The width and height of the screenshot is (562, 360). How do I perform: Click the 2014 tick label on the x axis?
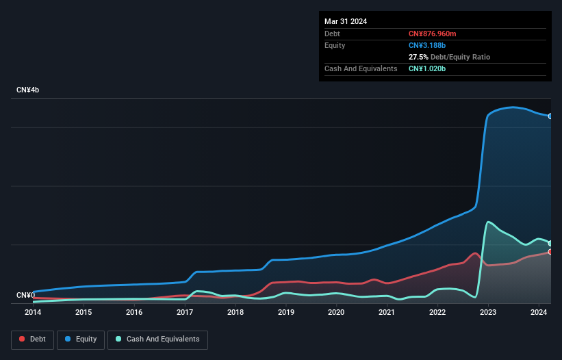(33, 313)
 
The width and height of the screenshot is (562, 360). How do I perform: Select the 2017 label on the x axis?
(185, 313)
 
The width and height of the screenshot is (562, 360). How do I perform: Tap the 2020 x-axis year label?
(336, 313)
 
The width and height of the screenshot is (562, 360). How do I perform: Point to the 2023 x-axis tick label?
(488, 313)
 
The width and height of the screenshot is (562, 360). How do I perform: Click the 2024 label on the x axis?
(538, 313)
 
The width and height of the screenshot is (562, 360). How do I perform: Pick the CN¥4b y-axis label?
(28, 90)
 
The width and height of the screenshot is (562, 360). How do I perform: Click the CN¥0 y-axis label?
(25, 296)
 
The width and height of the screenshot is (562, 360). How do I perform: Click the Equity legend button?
(81, 339)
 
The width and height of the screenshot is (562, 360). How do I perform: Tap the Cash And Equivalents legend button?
(157, 339)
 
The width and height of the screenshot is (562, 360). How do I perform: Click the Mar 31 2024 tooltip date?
(346, 21)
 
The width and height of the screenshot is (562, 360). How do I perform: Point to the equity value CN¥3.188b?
(427, 45)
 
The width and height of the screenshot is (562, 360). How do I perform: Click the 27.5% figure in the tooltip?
(418, 57)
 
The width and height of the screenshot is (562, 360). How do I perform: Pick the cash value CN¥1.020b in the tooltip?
(427, 69)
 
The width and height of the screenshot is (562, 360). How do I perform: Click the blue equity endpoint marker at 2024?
(550, 116)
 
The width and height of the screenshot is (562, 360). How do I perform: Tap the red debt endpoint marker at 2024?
(550, 252)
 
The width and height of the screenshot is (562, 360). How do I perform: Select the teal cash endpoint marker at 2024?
(550, 244)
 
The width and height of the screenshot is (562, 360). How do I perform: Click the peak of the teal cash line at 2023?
(488, 222)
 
